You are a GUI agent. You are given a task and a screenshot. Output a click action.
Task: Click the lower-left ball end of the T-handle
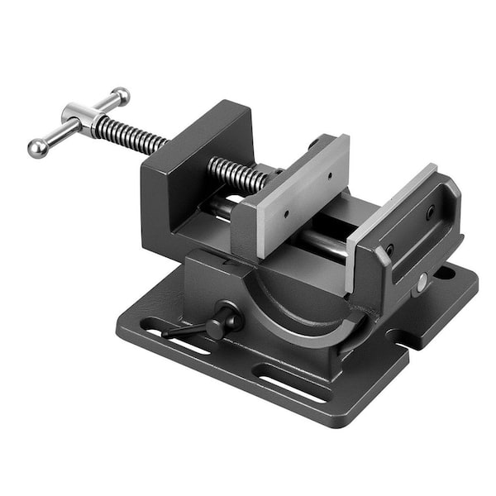click(37, 148)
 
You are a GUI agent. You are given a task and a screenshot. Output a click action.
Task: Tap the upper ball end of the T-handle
click(121, 96)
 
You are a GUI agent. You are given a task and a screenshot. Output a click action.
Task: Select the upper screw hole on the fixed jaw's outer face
click(430, 212)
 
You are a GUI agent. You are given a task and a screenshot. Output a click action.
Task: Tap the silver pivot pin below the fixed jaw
click(422, 282)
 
